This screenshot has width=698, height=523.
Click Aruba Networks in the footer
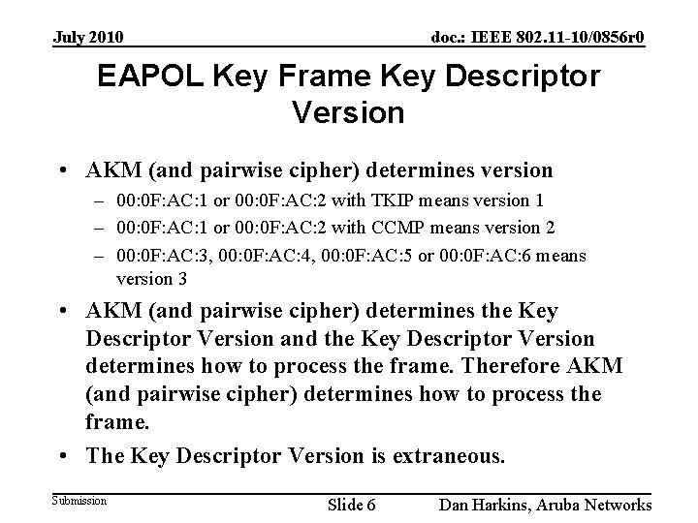tap(599, 505)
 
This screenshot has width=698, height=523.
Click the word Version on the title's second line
tap(347, 113)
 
